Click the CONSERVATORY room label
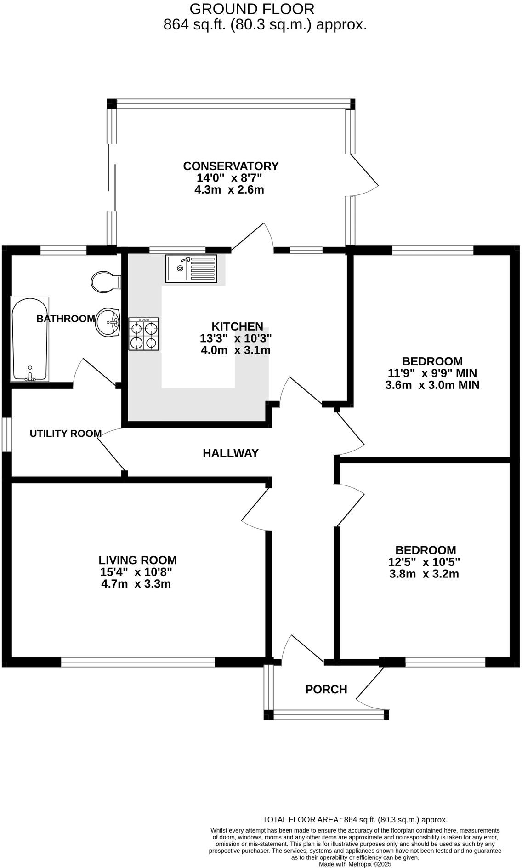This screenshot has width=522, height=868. (231, 166)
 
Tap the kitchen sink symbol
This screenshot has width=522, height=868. (191, 268)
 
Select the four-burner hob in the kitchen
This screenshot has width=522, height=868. (144, 334)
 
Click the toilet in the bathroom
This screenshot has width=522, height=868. (105, 281)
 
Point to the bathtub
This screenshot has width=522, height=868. (29, 339)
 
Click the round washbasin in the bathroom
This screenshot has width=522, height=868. (108, 322)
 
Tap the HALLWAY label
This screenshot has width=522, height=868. (231, 453)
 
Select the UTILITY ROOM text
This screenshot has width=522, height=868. (66, 434)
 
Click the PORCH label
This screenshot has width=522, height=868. (326, 690)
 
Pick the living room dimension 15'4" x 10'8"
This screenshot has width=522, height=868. (136, 572)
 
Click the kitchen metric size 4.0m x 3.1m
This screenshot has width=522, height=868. (235, 350)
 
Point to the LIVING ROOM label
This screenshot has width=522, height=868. (137, 560)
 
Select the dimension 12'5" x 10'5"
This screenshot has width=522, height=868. (424, 562)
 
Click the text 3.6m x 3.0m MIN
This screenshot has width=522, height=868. (432, 385)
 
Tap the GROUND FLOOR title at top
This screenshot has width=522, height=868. (252, 9)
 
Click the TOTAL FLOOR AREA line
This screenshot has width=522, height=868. (355, 820)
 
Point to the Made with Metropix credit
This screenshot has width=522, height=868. (355, 864)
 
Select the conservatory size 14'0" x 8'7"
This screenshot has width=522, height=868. (229, 178)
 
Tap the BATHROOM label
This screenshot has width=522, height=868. (66, 319)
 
